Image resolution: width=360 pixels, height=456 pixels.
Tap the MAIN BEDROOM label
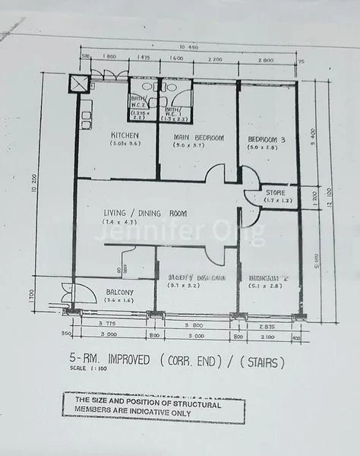pyautogui.click(x=198, y=137)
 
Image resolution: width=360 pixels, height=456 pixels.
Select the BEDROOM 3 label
pyautogui.click(x=266, y=140)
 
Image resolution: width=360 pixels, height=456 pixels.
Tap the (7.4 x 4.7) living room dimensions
pyautogui.click(x=124, y=223)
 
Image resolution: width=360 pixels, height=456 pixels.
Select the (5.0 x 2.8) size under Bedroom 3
pyautogui.click(x=266, y=147)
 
